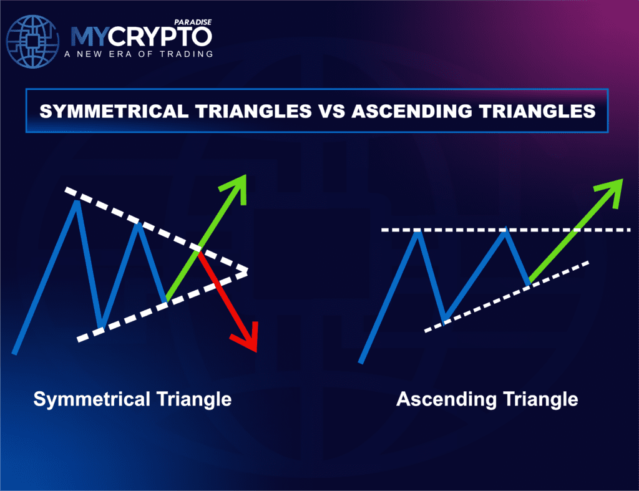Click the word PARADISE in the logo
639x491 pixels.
point(193,22)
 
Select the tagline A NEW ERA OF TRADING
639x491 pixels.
point(138,54)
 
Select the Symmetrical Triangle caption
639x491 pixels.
point(132,399)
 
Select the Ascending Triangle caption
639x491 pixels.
point(487,399)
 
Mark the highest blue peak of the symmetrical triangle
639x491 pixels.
point(77,202)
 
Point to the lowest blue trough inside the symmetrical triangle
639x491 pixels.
point(101,326)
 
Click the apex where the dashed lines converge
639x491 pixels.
point(246,271)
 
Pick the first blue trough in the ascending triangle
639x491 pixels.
point(444,321)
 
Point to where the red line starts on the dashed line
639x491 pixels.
point(199,251)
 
